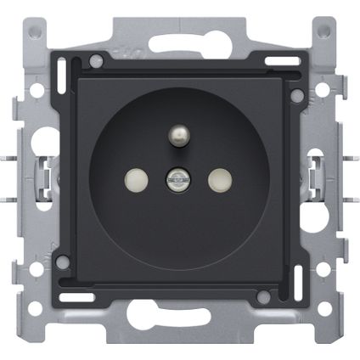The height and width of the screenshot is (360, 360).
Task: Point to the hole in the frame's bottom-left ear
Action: point(34,328)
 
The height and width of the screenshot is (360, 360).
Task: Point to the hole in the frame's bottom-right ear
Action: point(325,328)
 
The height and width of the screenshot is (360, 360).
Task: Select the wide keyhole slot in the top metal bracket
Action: point(179,42)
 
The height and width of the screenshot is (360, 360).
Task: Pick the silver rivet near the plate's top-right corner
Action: point(296,96)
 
